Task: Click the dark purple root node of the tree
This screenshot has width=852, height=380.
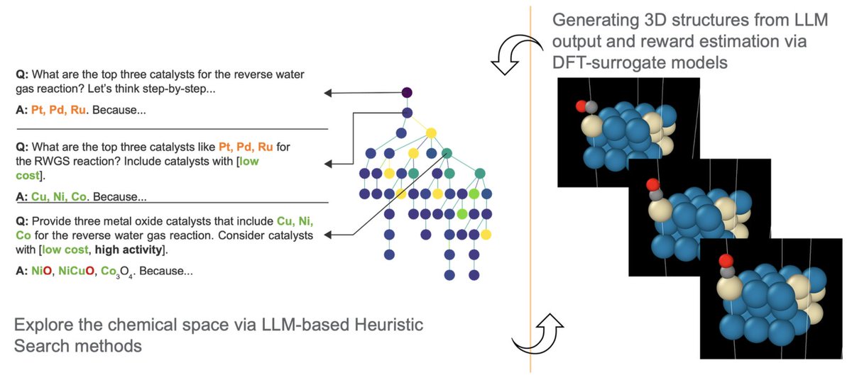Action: pyautogui.click(x=407, y=93)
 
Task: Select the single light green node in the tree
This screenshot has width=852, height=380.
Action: pyautogui.click(x=463, y=213)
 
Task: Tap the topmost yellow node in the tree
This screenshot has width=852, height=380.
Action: pyautogui.click(x=431, y=133)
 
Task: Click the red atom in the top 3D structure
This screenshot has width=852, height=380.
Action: pyautogui.click(x=581, y=106)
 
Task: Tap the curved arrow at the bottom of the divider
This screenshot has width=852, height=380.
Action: pyautogui.click(x=538, y=333)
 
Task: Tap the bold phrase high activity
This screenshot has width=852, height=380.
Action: pyautogui.click(x=133, y=250)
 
